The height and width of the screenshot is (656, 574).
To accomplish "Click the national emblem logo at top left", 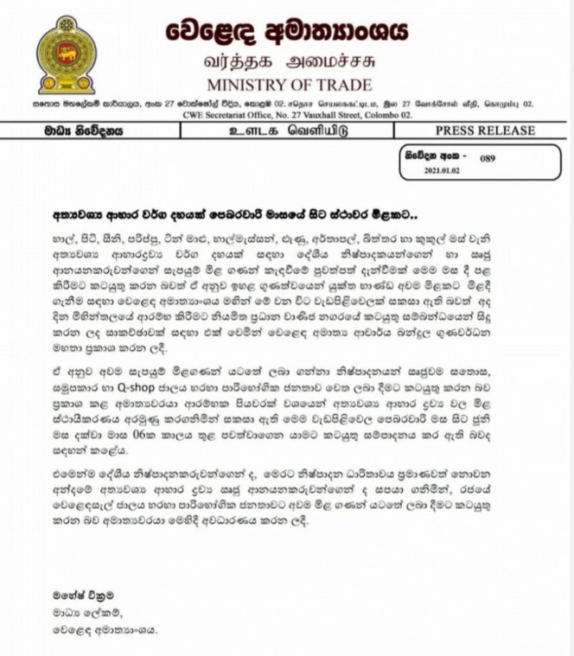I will [67, 54].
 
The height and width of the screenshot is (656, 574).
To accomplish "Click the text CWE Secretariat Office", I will [220, 112].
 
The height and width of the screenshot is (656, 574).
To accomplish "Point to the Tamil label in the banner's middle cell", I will [284, 131].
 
